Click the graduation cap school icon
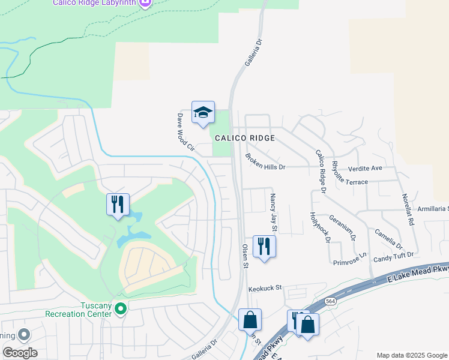[203, 112]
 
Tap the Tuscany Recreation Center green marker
[121, 309]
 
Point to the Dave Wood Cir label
[186, 131]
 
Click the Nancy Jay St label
[273, 212]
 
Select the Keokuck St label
[265, 288]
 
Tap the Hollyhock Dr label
[320, 227]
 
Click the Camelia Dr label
[390, 238]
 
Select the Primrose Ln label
[349, 259]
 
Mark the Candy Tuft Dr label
[394, 257]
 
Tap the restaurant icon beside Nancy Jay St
[264, 247]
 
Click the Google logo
[20, 353]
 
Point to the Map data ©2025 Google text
[411, 355]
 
